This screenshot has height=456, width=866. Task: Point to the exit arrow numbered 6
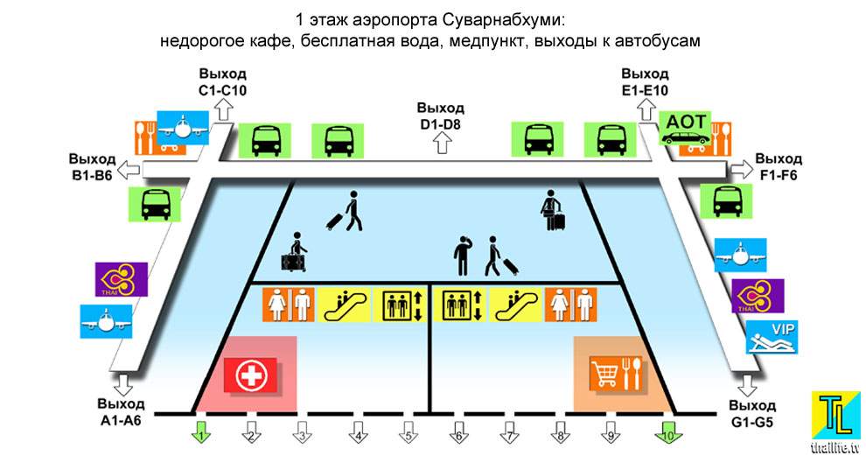(x=457, y=431)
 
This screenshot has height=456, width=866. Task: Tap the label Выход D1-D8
(x=440, y=114)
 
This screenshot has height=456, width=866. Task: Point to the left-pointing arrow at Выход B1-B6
(x=129, y=167)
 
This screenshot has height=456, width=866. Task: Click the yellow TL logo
(x=835, y=414)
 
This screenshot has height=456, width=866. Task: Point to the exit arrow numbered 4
(x=356, y=431)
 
